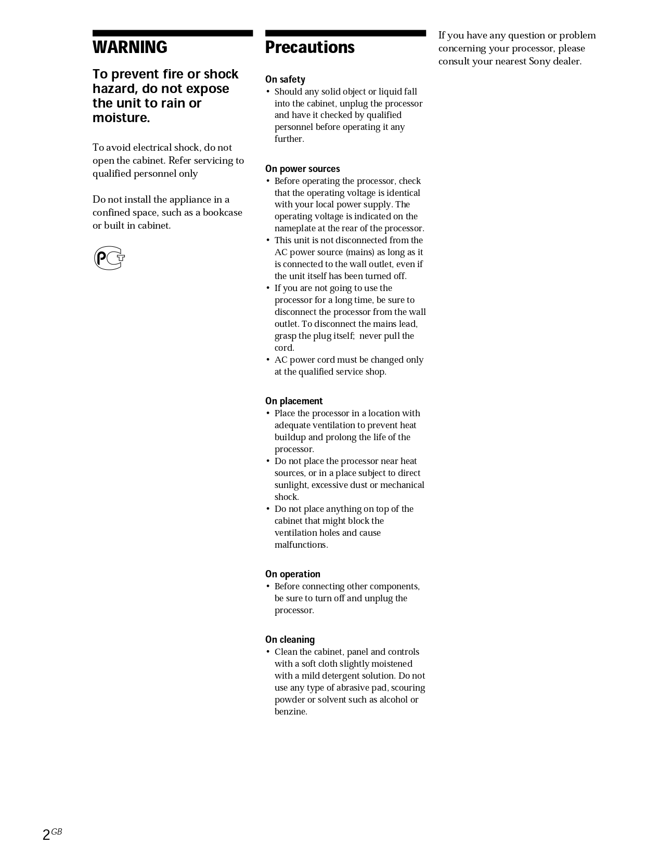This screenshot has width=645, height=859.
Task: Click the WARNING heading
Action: click(130, 47)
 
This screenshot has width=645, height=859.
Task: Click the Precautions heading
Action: click(309, 47)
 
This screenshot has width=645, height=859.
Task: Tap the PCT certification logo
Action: click(109, 258)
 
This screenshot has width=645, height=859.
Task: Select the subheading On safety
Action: click(285, 80)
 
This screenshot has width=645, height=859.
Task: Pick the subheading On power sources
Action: click(302, 169)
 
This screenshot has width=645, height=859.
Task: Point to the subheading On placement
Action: click(294, 401)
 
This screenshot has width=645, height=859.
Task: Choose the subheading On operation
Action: click(292, 574)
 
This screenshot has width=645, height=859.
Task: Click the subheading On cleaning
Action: click(290, 640)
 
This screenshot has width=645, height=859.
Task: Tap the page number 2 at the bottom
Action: click(46, 835)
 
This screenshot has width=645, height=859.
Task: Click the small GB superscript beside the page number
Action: click(57, 831)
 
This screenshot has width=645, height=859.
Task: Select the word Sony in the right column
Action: click(539, 61)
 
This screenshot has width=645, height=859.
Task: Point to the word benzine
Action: click(291, 712)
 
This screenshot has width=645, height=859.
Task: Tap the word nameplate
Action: click(296, 229)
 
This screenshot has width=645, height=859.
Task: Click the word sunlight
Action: click(291, 485)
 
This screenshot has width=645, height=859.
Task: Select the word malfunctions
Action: click(301, 545)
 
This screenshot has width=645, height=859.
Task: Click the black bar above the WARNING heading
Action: click(173, 33)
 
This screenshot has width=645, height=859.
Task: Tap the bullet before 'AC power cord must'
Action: click(268, 360)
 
